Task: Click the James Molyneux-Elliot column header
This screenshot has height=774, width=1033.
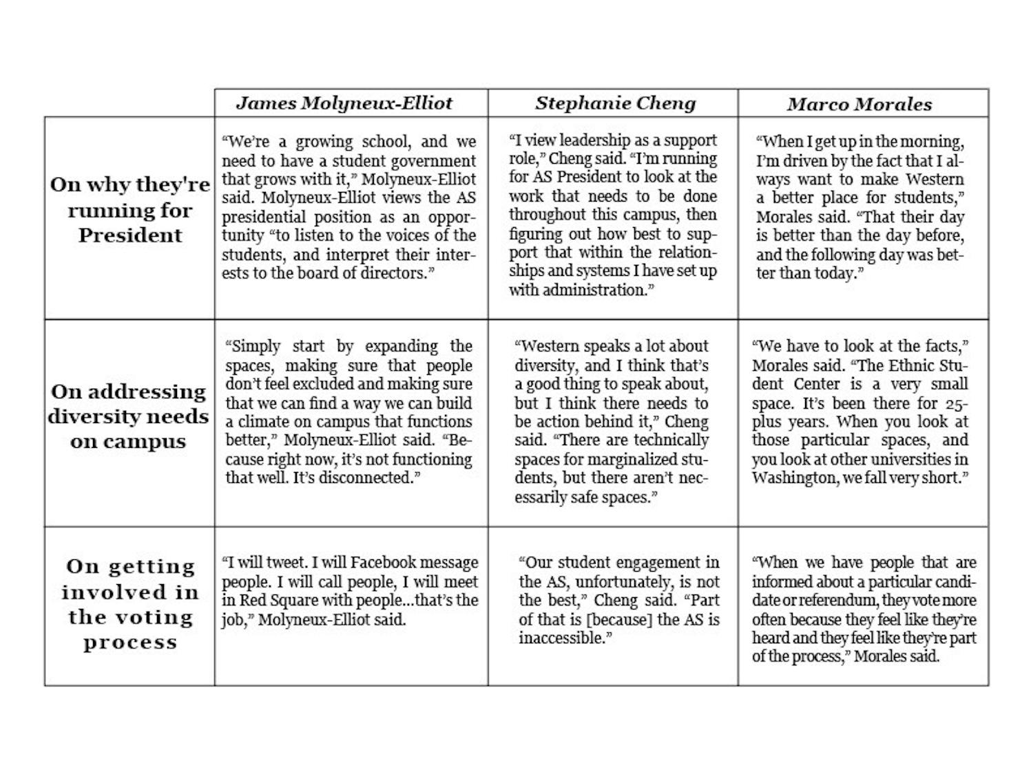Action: [x=344, y=103]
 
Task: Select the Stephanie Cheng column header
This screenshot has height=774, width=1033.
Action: [x=615, y=103]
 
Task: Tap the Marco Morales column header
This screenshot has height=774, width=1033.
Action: [x=859, y=104]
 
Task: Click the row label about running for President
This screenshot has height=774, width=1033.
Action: [x=129, y=210]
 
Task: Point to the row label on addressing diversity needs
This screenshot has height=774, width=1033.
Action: [x=128, y=416]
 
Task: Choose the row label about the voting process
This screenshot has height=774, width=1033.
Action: [x=130, y=604]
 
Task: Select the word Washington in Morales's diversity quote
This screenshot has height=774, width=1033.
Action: [x=794, y=477]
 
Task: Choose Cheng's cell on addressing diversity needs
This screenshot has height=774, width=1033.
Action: [x=613, y=422]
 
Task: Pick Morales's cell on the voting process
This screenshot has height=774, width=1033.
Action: [x=863, y=609]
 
